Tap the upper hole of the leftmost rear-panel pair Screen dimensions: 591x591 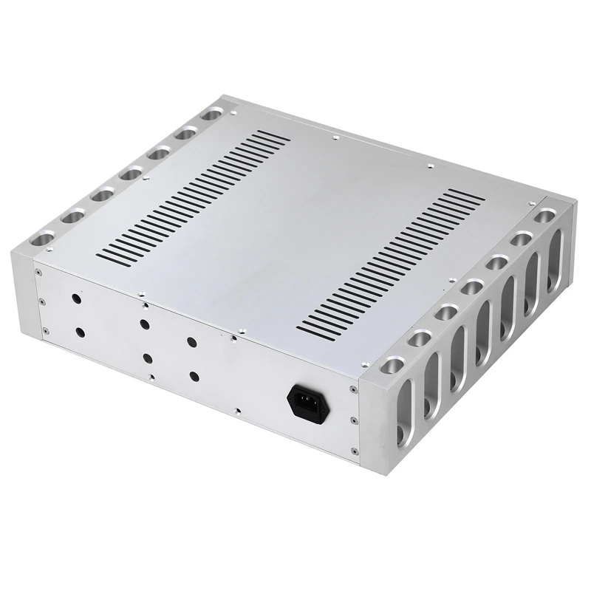click(x=76, y=299)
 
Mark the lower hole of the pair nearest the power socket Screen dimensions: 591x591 click(x=195, y=376)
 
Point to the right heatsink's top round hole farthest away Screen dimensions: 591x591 click(x=545, y=215)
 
